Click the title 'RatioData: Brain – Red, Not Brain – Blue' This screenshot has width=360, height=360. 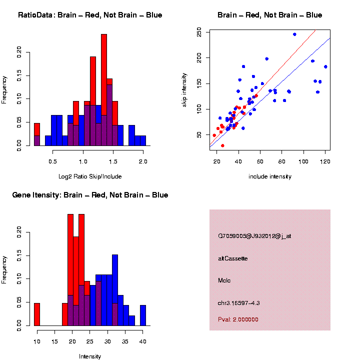coord(90,15)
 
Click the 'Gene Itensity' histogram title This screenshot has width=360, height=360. coord(90,195)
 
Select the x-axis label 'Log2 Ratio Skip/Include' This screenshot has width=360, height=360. coord(90,176)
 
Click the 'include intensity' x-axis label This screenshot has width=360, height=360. coord(270,176)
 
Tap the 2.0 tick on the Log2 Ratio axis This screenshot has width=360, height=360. coord(143,161)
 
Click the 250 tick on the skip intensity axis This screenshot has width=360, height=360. coord(199,33)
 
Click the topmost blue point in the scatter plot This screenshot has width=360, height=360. coord(294,34)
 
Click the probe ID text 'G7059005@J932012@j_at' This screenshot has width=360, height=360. coord(254,236)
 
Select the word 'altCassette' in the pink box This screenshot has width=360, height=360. coord(233,258)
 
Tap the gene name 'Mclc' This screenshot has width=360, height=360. coord(224,280)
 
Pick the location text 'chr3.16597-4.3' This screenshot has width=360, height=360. coord(239,303)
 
